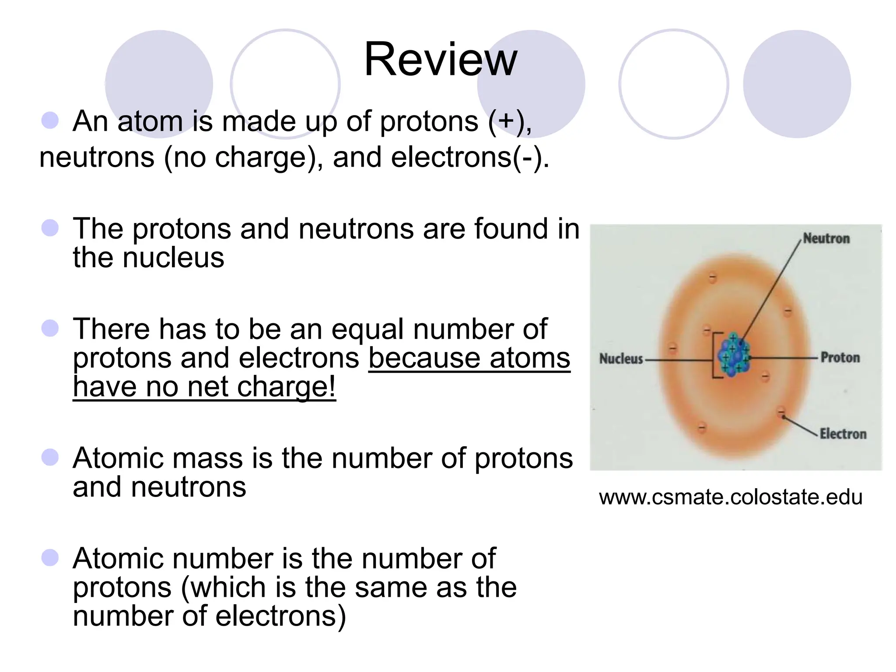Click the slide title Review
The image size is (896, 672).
[441, 59]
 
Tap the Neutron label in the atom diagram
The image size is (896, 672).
[826, 239]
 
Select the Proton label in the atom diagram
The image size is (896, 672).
[840, 358]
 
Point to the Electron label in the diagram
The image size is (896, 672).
[843, 434]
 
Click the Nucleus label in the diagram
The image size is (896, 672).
[621, 359]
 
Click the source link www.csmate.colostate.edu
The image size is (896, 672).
[731, 497]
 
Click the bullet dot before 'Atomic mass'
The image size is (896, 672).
[50, 458]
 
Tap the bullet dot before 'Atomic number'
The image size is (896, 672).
[50, 558]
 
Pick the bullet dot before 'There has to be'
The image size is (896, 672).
[50, 328]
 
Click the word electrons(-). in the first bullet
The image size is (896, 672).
[470, 157]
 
